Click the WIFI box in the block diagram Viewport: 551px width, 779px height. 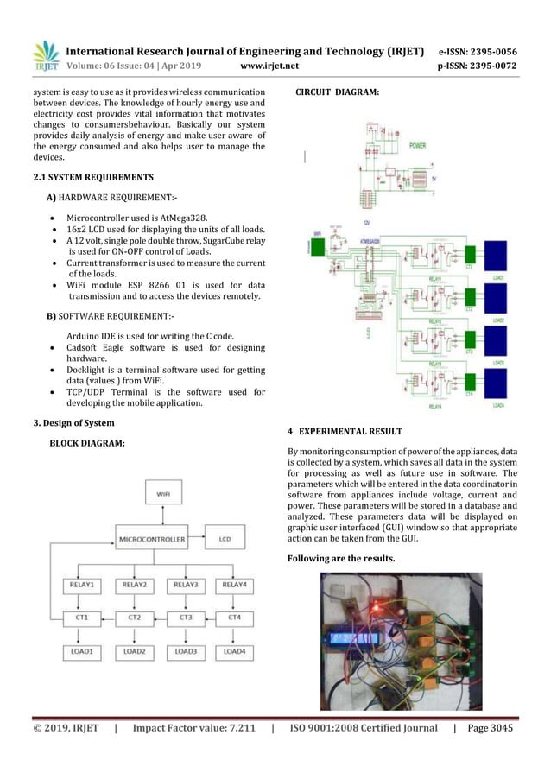[x=163, y=494]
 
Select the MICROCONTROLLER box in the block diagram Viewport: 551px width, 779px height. [x=152, y=540]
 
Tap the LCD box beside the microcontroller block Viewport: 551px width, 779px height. [x=224, y=540]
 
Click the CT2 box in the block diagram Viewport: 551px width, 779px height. [x=134, y=617]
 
